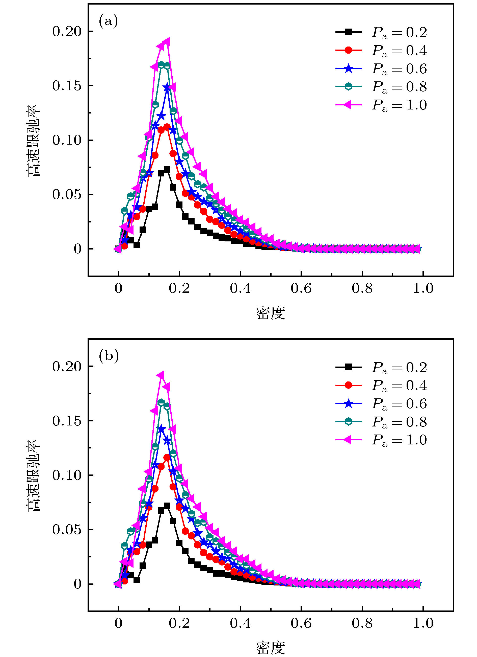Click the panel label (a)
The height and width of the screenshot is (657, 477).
[x=108, y=21]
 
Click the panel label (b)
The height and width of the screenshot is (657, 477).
[x=109, y=356]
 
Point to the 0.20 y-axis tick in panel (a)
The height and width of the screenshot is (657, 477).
[x=67, y=31]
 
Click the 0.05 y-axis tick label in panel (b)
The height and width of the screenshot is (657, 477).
[x=67, y=530]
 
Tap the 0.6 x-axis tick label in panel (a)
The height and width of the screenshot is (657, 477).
[x=301, y=288]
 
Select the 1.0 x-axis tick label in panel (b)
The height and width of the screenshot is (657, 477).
[x=423, y=623]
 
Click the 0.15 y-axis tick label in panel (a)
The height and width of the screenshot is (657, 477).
[x=67, y=86]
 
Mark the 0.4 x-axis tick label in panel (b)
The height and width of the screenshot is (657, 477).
[x=240, y=623]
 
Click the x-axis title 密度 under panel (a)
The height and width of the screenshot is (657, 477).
[x=271, y=313]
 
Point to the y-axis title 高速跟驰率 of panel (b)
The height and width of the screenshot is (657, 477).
[x=34, y=476]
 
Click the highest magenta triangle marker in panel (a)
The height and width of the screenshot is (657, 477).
[x=167, y=42]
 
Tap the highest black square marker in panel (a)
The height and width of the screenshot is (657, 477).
[x=167, y=169]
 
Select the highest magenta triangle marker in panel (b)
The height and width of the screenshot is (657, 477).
[x=161, y=375]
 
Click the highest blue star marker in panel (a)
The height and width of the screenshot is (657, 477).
[x=167, y=87]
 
